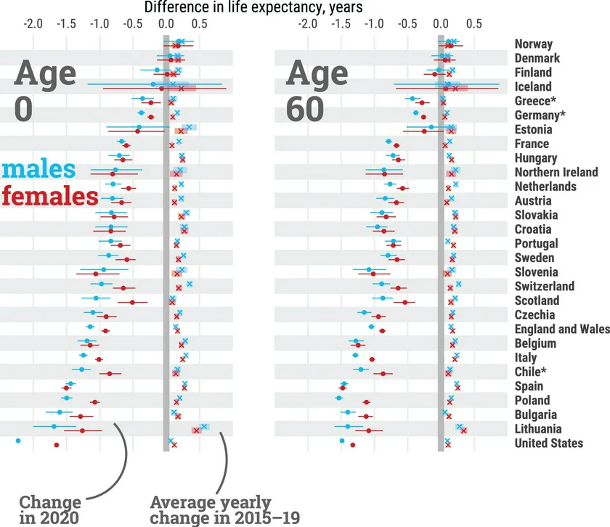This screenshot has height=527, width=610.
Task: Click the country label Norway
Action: tap(533, 44)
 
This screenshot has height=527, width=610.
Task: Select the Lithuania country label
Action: tap(537, 429)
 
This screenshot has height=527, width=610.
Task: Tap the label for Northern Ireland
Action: tap(556, 172)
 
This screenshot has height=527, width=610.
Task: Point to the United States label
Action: tap(548, 443)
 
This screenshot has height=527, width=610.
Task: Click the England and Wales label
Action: tap(561, 329)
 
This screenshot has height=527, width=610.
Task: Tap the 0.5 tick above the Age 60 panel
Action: tap(473, 23)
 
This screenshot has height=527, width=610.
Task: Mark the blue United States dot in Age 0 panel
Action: tap(18, 440)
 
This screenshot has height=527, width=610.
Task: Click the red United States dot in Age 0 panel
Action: tap(56, 445)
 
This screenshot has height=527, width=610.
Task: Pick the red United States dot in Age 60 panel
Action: tap(352, 445)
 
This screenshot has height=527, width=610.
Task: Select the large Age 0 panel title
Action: tap(44, 90)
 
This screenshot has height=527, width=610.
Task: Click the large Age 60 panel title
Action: tap(317, 90)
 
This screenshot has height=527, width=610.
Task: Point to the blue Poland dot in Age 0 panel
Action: tap(67, 398)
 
